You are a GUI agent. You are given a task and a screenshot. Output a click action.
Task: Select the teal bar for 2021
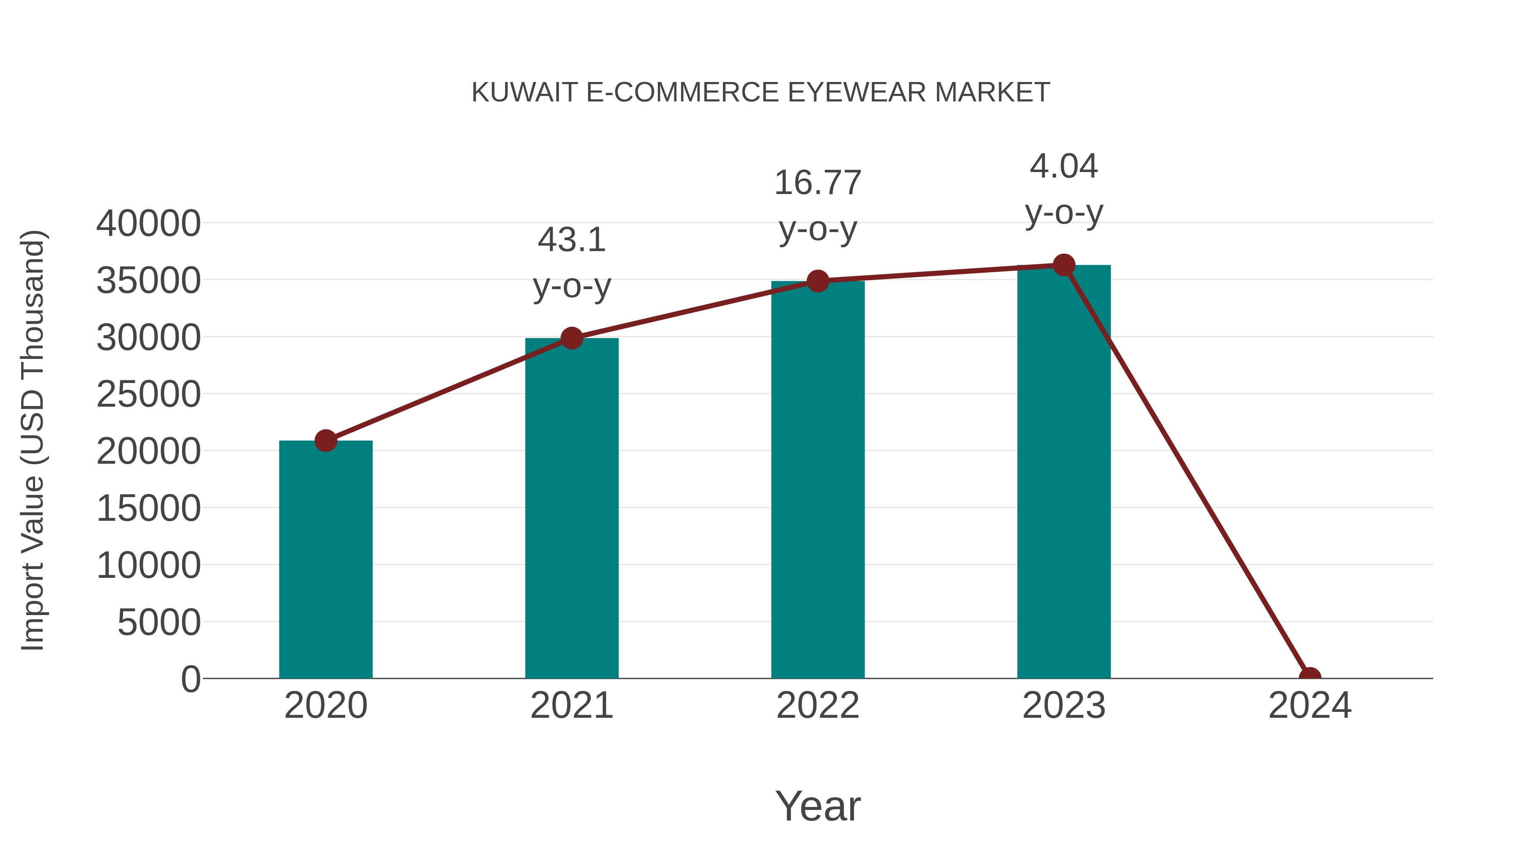tap(571, 508)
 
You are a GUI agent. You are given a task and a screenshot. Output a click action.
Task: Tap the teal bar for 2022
tap(818, 479)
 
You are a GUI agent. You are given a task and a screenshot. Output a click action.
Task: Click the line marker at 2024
tap(1309, 677)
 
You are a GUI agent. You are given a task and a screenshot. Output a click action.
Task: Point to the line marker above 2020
tap(326, 440)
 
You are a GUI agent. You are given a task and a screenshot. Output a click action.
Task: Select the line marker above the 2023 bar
tap(1064, 265)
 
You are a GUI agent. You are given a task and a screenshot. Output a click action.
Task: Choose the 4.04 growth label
tap(1064, 189)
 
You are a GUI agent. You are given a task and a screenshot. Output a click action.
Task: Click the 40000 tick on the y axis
tap(148, 224)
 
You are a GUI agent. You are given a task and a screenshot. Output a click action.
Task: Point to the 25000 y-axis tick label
tap(148, 395)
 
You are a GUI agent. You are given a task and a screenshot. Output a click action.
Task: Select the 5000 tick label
tap(159, 623)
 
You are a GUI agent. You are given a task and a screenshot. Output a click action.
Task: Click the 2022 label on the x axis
tap(818, 706)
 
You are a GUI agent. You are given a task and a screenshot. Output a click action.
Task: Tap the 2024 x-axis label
tap(1309, 706)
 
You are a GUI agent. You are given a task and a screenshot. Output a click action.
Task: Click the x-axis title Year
tap(818, 806)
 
